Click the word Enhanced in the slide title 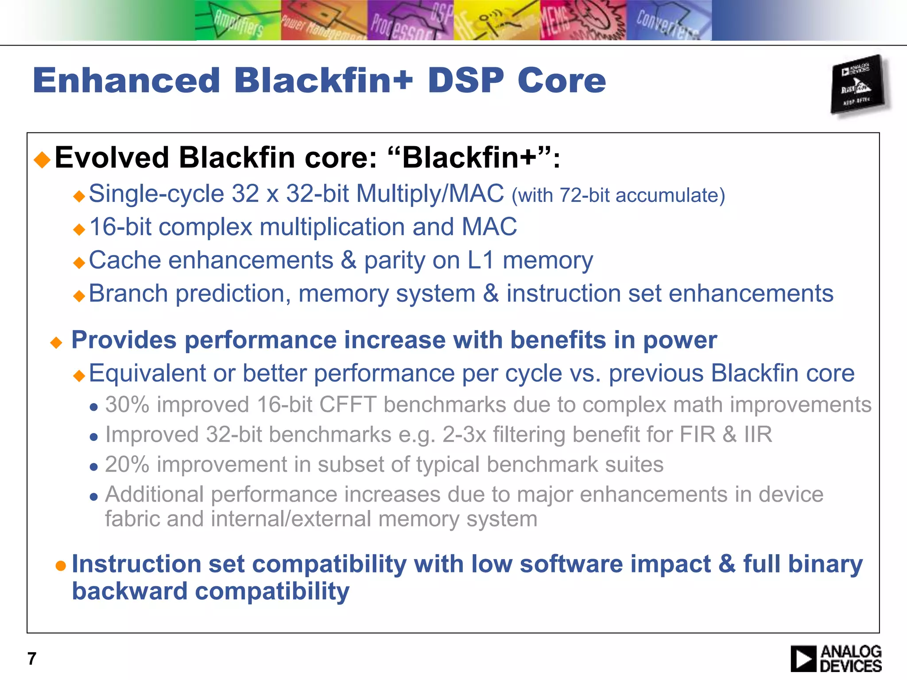[126, 81]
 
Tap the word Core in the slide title [561, 81]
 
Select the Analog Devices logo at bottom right [836, 658]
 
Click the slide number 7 [32, 659]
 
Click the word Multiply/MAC [430, 194]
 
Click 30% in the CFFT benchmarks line [127, 405]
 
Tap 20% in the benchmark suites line [127, 464]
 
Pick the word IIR [758, 434]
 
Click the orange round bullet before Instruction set [61, 565]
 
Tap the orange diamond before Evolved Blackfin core [43, 159]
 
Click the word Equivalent [147, 373]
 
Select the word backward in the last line [129, 591]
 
